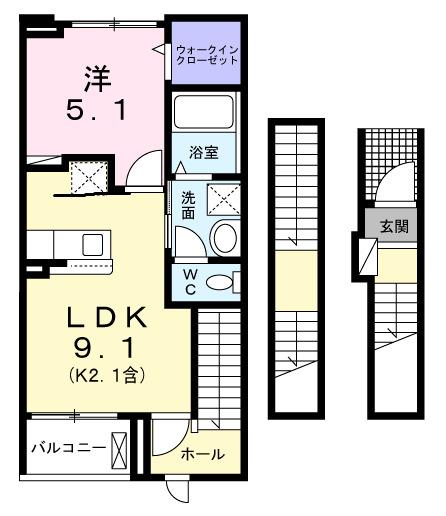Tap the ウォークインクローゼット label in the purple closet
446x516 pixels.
pyautogui.click(x=207, y=53)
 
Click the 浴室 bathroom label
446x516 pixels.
pyautogui.click(x=203, y=153)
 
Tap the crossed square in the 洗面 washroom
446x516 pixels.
pyautogui.click(x=224, y=199)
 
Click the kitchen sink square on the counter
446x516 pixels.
pyautogui.click(x=93, y=245)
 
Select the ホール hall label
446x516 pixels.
pyautogui.click(x=203, y=455)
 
